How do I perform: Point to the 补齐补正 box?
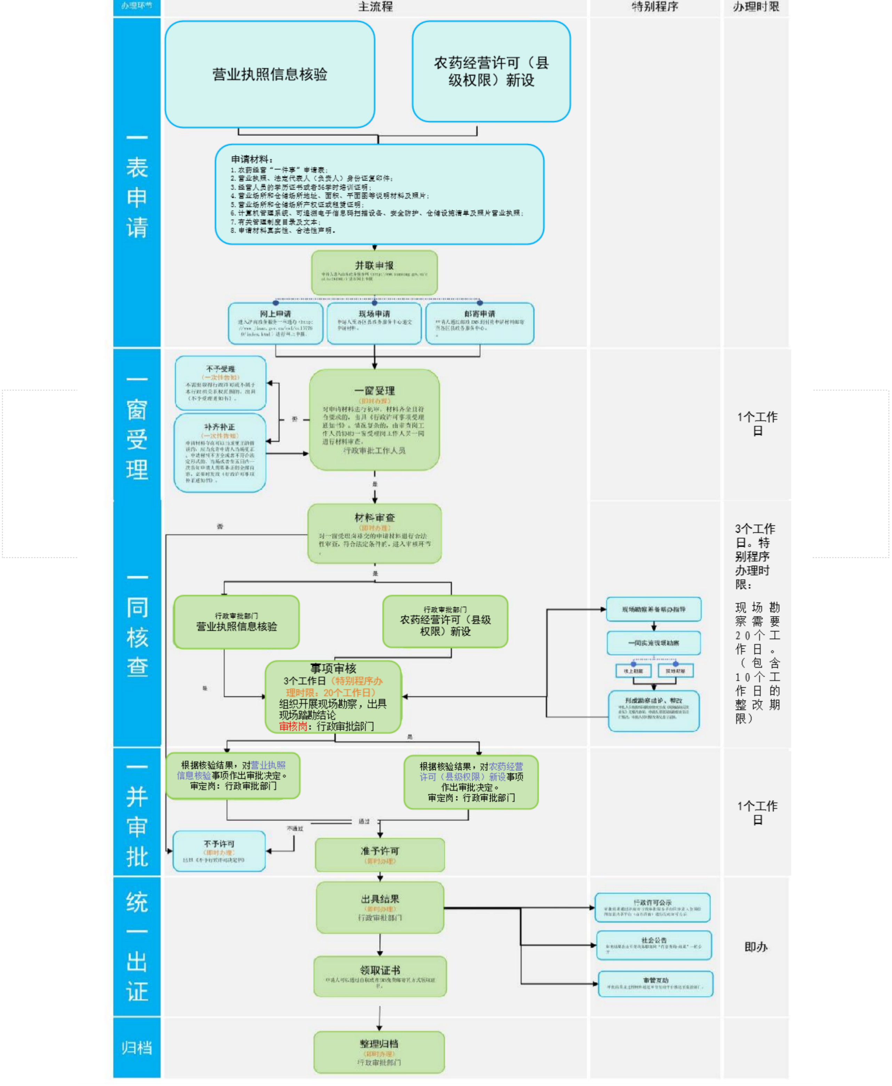coord(220,453)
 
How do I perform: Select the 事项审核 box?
coord(333,697)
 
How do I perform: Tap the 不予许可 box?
coord(220,851)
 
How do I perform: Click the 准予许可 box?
coord(380,855)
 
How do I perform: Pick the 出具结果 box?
coord(380,907)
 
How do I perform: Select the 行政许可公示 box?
coord(652,907)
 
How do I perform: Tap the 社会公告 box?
coord(654,945)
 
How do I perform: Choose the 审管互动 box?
coord(655,983)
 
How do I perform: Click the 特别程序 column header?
coord(655,7)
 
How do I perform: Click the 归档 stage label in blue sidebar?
coord(137,1047)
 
